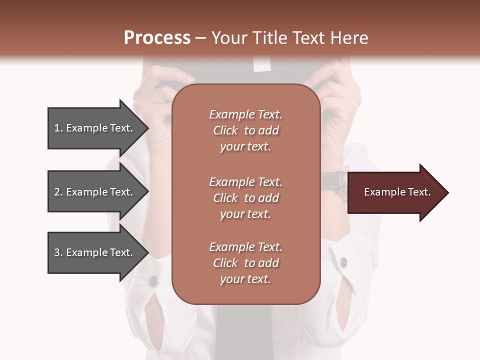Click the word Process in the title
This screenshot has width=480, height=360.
point(157,38)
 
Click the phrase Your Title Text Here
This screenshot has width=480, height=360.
point(289,38)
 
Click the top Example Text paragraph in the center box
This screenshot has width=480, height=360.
point(245,130)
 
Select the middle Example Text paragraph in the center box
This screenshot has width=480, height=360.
point(245,198)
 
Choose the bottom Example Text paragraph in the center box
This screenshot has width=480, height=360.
point(245,263)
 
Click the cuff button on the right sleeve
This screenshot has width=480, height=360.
point(343,261)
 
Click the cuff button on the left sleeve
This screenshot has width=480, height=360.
point(153,281)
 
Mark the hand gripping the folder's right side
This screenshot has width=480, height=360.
point(335,100)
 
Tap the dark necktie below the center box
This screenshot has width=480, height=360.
point(245,330)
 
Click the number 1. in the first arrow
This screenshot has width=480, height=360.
point(58,128)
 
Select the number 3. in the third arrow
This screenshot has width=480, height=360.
point(58,252)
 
